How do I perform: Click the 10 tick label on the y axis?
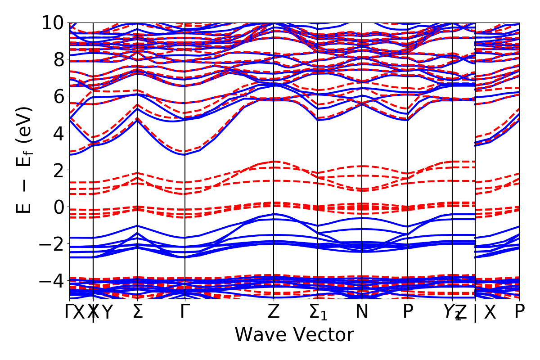[53, 22]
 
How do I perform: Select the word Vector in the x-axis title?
[321, 335]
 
